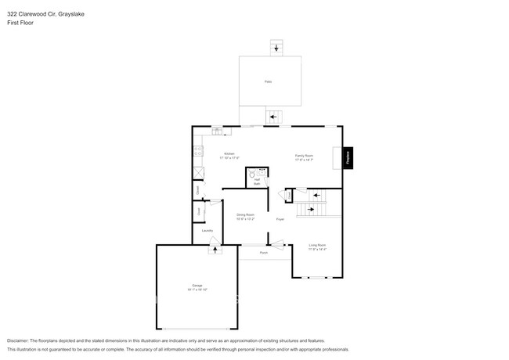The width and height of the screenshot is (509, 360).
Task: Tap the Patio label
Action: coord(268,81)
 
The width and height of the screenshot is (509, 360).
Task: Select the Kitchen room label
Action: coord(229,153)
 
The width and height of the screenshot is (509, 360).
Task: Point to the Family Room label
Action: coord(304,155)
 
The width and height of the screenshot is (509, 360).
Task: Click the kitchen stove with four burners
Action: coord(199,150)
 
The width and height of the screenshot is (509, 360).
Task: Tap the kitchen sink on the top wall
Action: coord(217,131)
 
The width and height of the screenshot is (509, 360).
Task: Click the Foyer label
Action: coord(280,219)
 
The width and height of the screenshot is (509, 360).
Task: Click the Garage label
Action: coord(197,285)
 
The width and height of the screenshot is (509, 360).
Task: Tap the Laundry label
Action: coord(208,230)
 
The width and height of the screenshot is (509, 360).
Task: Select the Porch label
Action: coord(264,253)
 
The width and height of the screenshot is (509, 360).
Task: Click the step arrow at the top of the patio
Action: coord(275,49)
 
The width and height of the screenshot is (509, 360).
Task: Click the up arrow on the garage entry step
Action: coord(213,250)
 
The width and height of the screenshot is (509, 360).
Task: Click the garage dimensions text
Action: coord(197,290)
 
